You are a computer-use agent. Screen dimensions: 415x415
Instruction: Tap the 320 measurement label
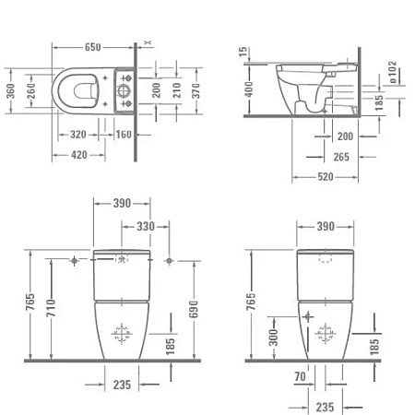[x=77, y=134]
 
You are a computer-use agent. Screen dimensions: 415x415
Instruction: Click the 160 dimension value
[x=124, y=134]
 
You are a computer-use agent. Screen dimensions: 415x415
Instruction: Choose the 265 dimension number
[x=340, y=156]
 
